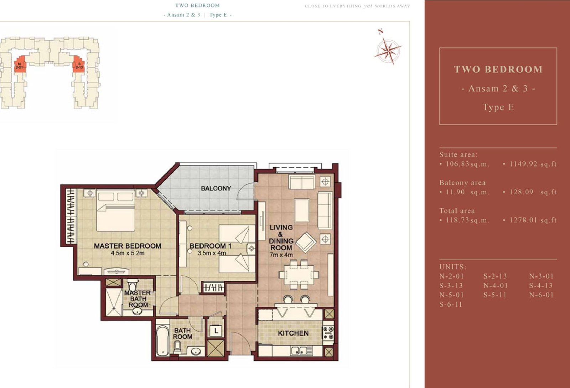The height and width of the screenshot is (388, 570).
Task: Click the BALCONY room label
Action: coord(216,188)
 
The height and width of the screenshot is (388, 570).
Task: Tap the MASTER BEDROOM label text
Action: coord(128,246)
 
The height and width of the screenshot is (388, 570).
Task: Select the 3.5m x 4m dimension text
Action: coord(212,253)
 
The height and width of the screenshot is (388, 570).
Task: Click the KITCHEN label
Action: coord(293,333)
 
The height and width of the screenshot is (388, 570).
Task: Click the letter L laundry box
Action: coord(216,331)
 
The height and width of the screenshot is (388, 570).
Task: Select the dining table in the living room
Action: coord(299,274)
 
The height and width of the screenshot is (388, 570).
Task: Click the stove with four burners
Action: coord(328,333)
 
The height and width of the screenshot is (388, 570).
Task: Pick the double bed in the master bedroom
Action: coord(115,210)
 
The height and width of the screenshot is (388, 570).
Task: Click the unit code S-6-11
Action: coord(451,305)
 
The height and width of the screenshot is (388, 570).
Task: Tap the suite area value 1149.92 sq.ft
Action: coord(533,164)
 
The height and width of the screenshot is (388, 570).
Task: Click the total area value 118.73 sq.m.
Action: coord(467,220)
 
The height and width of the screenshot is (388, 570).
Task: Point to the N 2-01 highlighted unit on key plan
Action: coord(20,65)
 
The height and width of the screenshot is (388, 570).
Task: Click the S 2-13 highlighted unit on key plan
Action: coord(79,65)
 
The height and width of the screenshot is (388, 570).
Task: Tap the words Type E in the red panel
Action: coord(498,107)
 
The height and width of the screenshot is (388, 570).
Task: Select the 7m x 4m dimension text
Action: coord(281,255)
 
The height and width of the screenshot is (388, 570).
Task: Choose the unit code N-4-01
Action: coord(496,286)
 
